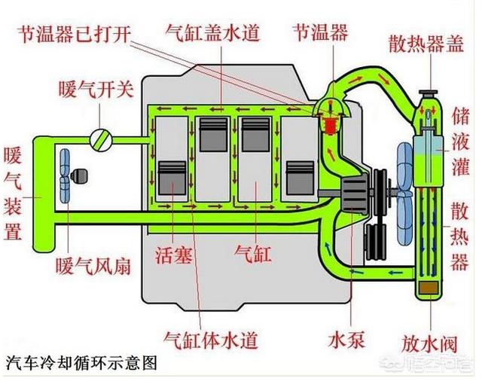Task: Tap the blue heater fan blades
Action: (66, 173)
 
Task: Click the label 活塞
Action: (173, 251)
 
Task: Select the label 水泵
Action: (348, 340)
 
